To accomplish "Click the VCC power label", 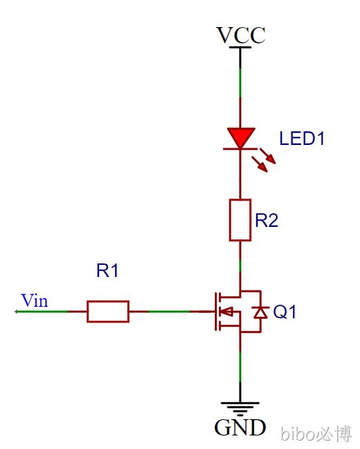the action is (241, 35).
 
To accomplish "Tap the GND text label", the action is (240, 427).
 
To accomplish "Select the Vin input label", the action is (35, 301).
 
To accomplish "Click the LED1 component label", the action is (302, 138).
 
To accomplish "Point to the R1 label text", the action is (108, 270).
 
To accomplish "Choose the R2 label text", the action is (266, 221).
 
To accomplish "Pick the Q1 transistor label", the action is (284, 312).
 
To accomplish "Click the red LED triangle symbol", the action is (241, 137).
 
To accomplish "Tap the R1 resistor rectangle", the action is (108, 312).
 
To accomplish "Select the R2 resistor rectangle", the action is (240, 220).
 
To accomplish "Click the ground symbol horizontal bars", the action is (240, 408).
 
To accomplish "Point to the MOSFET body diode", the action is (260, 312).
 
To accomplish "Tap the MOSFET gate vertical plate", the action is (216, 312).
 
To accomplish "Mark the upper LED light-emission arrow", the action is (268, 156).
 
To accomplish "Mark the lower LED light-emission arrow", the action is (260, 164).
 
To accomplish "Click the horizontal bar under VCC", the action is (240, 47).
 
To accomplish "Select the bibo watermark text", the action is (316, 434).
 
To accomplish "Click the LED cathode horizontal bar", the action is (240, 148).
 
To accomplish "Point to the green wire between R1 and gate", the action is (169, 312).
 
